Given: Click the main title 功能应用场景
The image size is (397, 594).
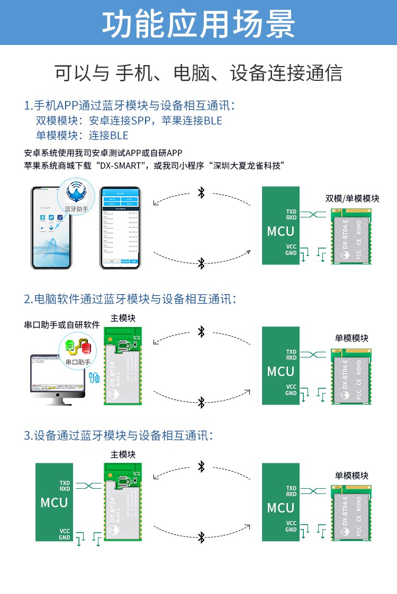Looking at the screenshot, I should coord(198,23).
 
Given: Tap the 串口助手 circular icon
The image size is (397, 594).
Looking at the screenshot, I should coord(78,350).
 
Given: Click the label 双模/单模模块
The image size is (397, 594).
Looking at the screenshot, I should coord(352,199).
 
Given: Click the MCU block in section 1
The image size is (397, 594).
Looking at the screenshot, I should coord(281,226).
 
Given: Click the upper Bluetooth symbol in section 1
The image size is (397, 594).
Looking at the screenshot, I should coord(201,193).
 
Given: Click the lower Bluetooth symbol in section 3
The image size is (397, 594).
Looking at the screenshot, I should coord(201,538).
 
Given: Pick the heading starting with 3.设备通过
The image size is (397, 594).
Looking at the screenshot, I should coord(119,436).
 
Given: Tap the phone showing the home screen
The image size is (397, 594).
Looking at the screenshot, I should coord(51,228).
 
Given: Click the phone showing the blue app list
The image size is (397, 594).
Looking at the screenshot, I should coord(120,228).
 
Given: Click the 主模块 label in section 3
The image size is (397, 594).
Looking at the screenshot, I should coord(123,454).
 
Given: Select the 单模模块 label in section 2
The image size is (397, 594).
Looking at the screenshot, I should coord(351,338).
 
